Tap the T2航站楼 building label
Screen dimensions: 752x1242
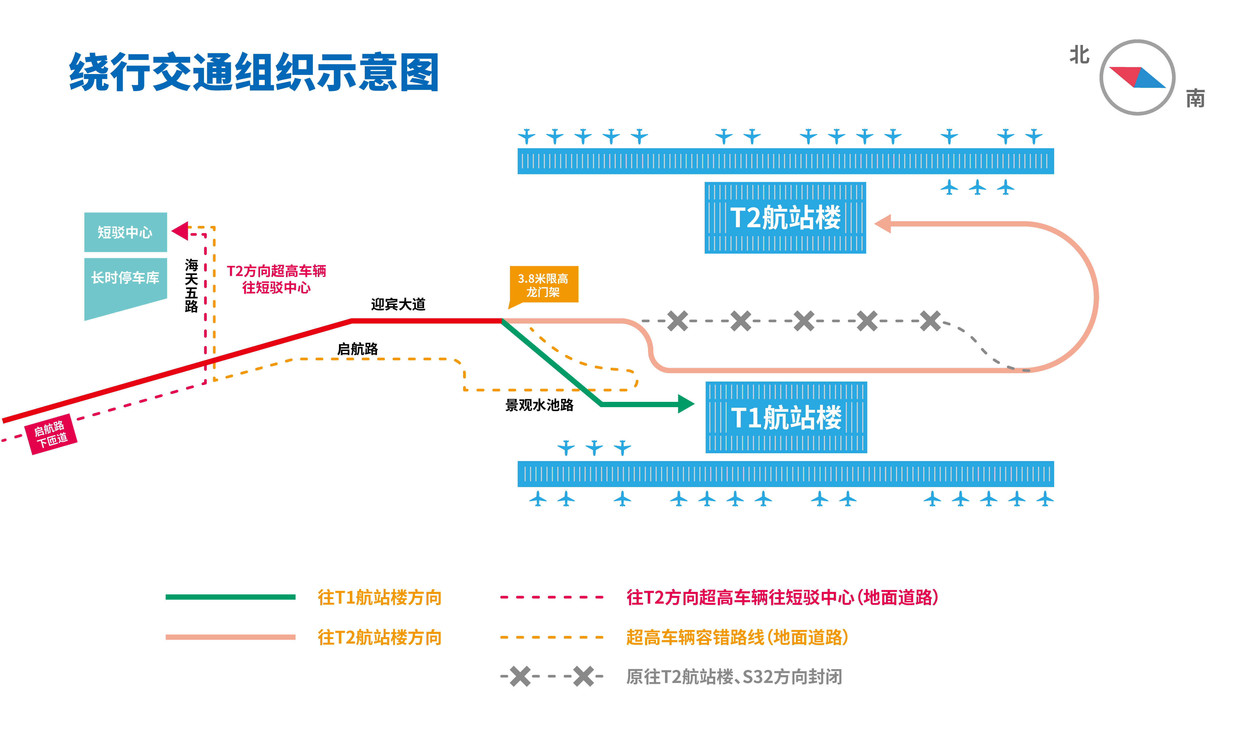point(785,218)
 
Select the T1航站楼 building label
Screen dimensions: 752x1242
point(786,418)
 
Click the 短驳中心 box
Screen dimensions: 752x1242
point(125,232)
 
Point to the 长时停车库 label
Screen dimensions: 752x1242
point(125,277)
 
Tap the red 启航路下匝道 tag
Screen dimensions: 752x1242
point(51,434)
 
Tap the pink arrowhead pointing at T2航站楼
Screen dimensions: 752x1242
point(883,224)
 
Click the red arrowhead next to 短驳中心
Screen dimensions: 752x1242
point(180,231)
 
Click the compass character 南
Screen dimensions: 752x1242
point(1195,98)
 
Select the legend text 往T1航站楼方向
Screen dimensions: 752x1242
point(379,597)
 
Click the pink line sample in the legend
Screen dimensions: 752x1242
point(230,637)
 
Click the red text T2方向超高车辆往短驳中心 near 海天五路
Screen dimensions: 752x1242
point(276,279)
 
